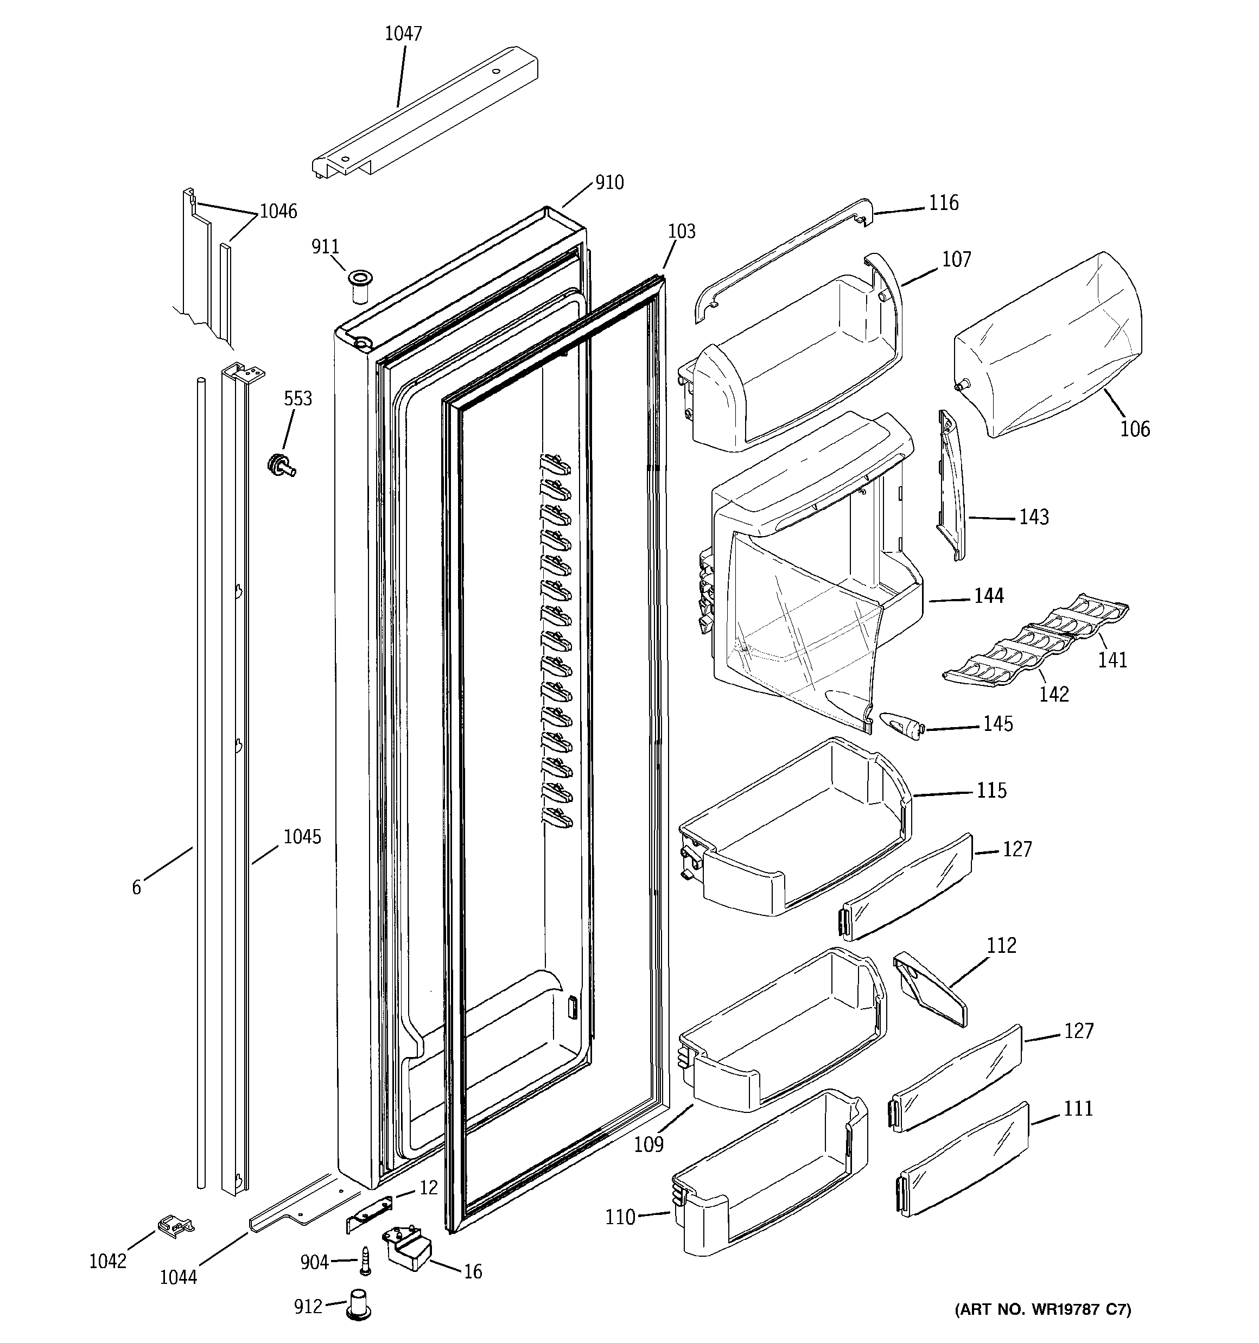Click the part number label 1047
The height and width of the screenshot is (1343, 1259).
click(x=403, y=34)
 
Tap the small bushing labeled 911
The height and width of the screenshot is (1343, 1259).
click(x=360, y=286)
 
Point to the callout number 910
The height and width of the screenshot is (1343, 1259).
click(x=609, y=182)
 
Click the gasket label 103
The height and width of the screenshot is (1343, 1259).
click(x=681, y=232)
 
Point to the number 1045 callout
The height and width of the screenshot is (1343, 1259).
click(x=301, y=837)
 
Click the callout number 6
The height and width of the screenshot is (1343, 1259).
click(x=137, y=888)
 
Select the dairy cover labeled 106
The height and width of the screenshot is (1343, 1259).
click(x=1047, y=345)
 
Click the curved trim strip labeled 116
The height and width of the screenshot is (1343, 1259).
click(x=784, y=257)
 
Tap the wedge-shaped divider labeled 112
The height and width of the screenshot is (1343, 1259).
click(x=930, y=990)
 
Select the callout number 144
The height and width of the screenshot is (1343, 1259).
click(x=988, y=596)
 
